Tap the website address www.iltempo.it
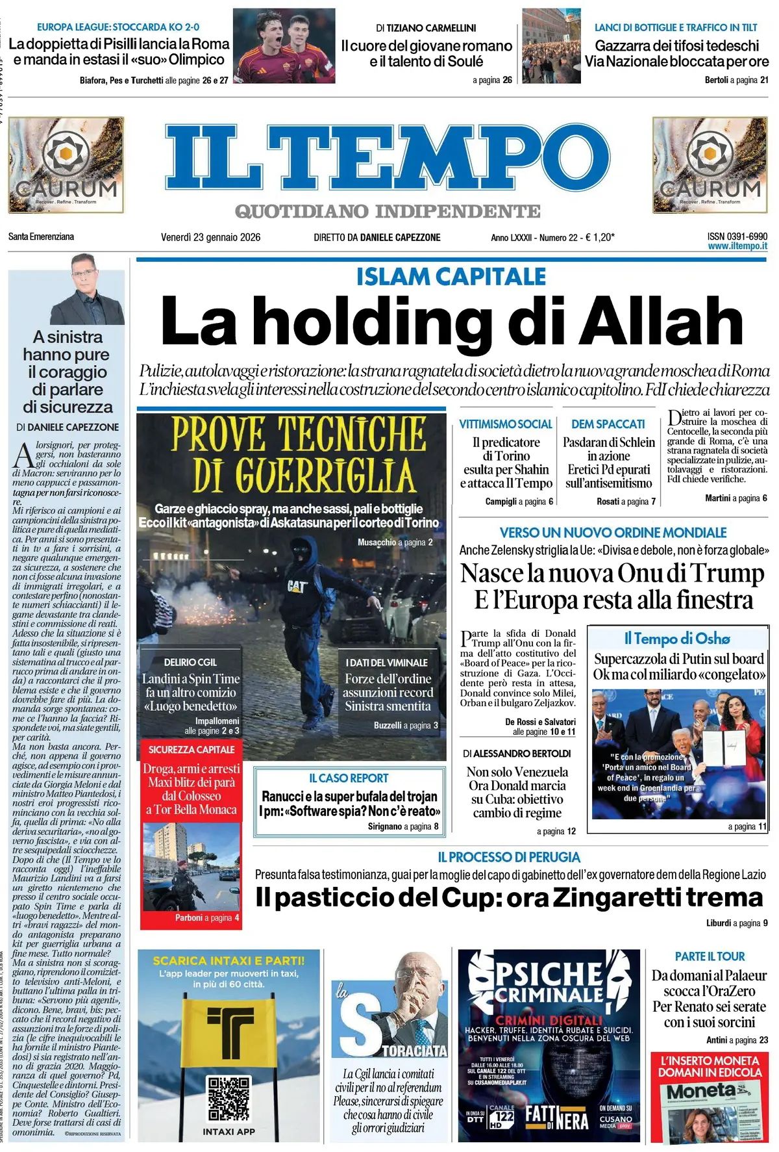coord(737,246)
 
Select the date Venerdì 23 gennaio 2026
coord(210,237)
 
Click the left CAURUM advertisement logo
coord(66,165)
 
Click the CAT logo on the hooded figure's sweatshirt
coord(297,586)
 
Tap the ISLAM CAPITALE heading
coord(451,276)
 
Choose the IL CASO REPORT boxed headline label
coord(349,778)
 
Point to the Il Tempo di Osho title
coord(676,638)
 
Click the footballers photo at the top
coord(284,45)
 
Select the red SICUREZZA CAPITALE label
coord(192,749)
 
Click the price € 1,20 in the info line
coord(598,237)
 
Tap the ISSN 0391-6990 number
coord(737,237)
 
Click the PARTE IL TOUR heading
coord(710,956)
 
